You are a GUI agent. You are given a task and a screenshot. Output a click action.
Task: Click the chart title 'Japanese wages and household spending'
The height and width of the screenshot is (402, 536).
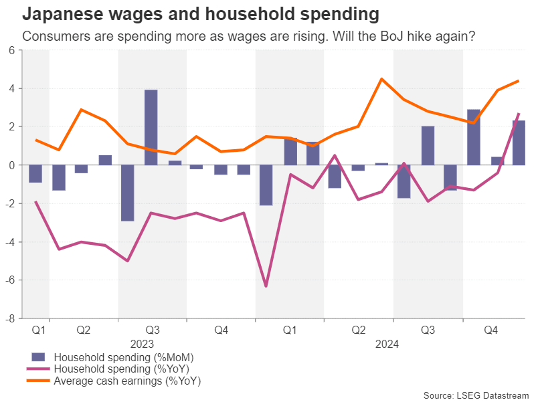click(201, 14)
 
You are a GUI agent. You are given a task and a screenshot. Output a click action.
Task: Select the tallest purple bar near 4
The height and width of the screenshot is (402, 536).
click(151, 127)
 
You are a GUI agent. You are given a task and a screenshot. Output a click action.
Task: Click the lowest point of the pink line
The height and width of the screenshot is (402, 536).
click(266, 286)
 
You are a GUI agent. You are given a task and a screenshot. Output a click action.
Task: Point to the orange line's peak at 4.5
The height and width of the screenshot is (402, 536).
click(381, 79)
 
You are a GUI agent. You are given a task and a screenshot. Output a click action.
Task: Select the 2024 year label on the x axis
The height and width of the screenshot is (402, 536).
click(387, 344)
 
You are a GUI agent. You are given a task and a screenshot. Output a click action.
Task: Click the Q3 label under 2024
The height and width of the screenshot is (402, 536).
click(428, 330)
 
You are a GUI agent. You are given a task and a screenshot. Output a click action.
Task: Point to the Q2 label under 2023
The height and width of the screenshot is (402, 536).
click(84, 330)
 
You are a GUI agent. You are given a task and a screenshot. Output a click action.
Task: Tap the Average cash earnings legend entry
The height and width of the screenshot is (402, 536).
click(127, 381)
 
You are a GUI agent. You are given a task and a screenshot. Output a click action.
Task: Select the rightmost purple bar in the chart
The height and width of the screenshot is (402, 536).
click(519, 142)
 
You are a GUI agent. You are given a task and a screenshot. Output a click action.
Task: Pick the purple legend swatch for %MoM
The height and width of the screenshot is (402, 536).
click(39, 357)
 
